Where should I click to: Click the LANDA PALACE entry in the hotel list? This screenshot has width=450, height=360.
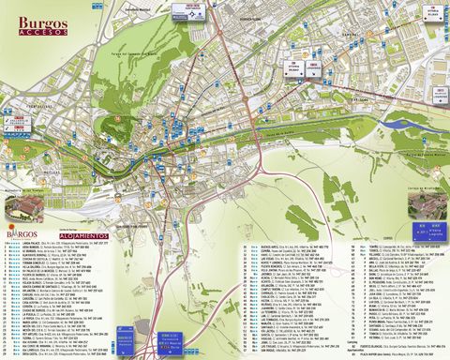(37, 243)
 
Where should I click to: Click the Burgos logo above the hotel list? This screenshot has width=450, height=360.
(23, 231)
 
